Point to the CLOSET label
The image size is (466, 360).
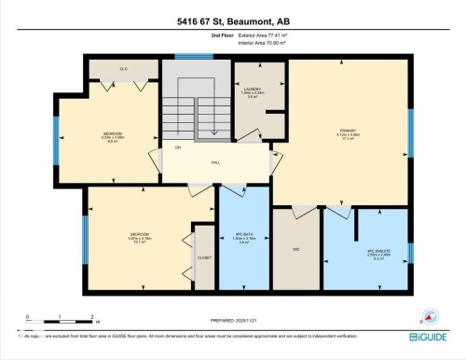point(204,256)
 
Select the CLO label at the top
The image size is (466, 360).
point(123,69)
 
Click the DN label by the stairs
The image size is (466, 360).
point(178,147)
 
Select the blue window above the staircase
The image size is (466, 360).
point(194,57)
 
